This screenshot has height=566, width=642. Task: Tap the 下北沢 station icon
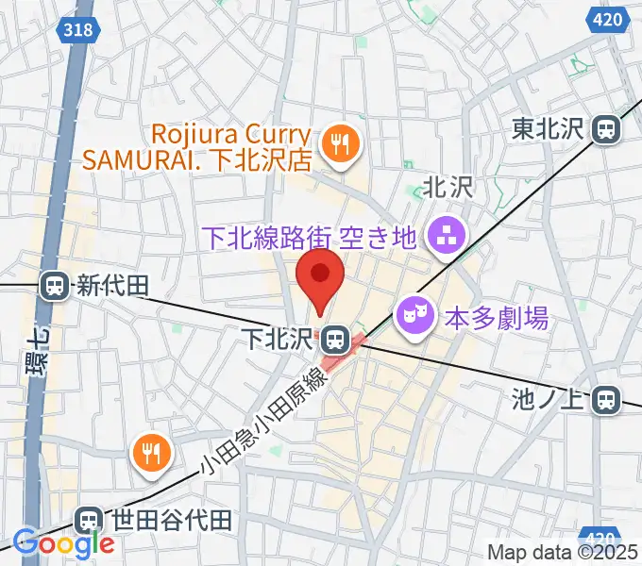coord(332,337)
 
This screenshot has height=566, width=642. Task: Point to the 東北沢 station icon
coord(606,127)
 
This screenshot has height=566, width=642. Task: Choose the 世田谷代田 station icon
coord(89,519)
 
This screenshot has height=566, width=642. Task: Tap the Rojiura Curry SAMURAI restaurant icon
coord(336,144)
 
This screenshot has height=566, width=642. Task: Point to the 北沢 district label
coord(447,188)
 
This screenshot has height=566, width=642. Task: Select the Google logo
coord(63,544)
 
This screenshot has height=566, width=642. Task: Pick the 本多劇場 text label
coord(497,318)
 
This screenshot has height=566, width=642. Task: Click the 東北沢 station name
coord(549,127)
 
